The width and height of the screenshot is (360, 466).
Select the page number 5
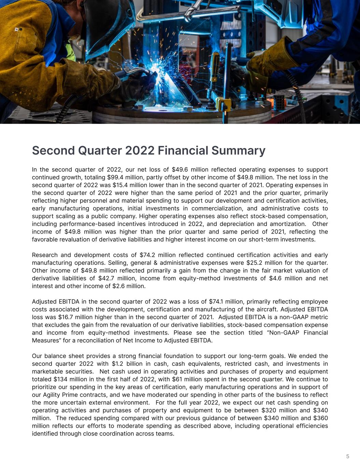348,456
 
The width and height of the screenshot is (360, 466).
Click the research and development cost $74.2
147,255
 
